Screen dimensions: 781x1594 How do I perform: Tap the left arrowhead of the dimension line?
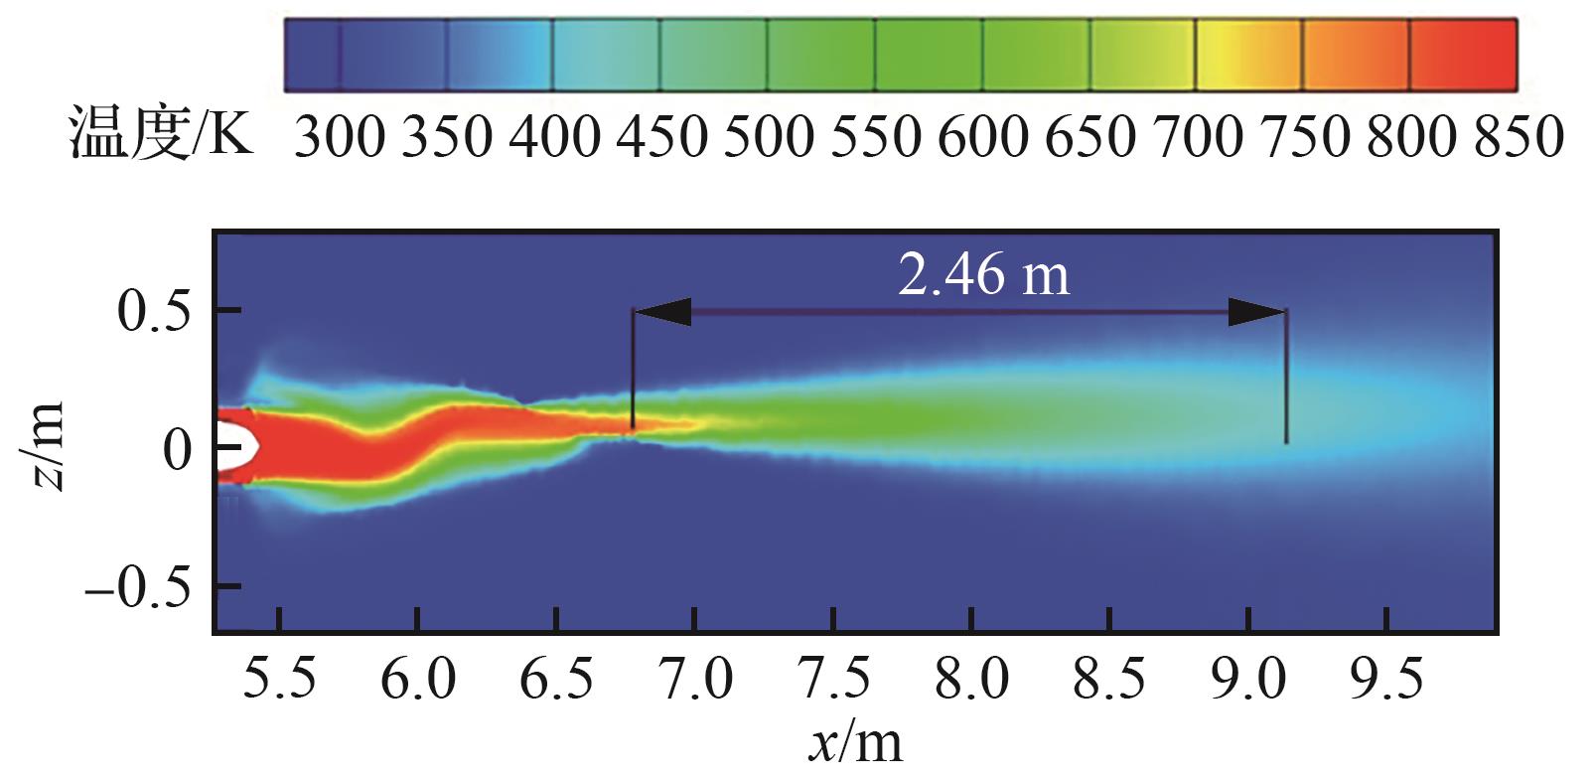click(661, 313)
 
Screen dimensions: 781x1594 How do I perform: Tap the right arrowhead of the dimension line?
click(1257, 313)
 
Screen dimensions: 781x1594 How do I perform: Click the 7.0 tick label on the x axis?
click(695, 681)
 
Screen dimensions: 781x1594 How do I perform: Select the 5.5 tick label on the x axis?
click(281, 681)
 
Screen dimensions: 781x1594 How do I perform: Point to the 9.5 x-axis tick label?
click(1386, 681)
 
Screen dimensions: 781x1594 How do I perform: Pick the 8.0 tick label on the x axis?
click(971, 681)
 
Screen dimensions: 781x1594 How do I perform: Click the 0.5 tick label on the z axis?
click(158, 311)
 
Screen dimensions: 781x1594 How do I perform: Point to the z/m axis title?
click(46, 446)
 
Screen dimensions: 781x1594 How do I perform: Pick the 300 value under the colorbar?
click(338, 136)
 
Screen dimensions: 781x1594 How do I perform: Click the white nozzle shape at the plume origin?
click(236, 445)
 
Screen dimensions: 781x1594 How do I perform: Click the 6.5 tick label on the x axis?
click(556, 681)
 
